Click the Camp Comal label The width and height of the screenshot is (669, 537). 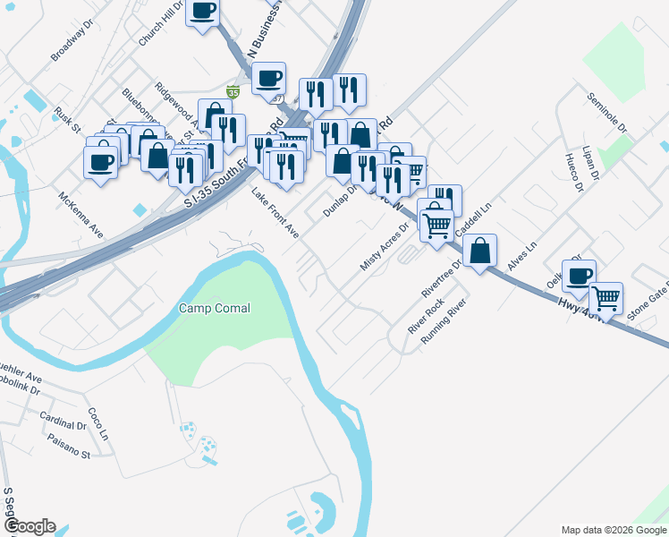(x=214, y=308)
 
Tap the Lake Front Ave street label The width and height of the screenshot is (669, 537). (x=274, y=213)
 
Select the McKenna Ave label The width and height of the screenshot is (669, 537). (x=80, y=215)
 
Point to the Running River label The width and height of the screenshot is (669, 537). (x=445, y=320)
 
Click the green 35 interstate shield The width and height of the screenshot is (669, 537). (x=233, y=91)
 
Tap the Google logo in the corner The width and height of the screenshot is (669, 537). (x=30, y=526)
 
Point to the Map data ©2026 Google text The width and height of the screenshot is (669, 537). (x=614, y=530)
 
